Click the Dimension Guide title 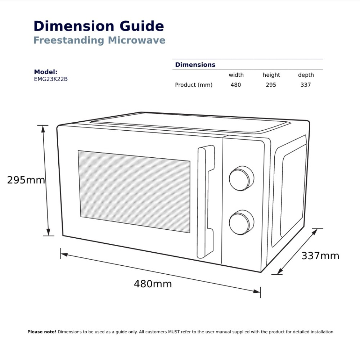tap(99, 26)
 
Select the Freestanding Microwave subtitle tap(99, 40)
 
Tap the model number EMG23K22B tap(51, 79)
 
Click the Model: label tap(46, 72)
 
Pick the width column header tap(236, 75)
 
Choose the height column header tap(271, 75)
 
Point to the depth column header tap(306, 75)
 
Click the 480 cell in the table tap(236, 85)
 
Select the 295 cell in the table tap(271, 85)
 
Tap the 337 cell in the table tap(306, 85)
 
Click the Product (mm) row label tap(194, 85)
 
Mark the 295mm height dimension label tap(26, 180)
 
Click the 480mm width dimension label tap(153, 284)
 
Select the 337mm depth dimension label tap(320, 256)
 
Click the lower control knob tap(241, 222)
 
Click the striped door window tap(134, 191)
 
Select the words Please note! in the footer tap(42, 332)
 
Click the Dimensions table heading tap(195, 65)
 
